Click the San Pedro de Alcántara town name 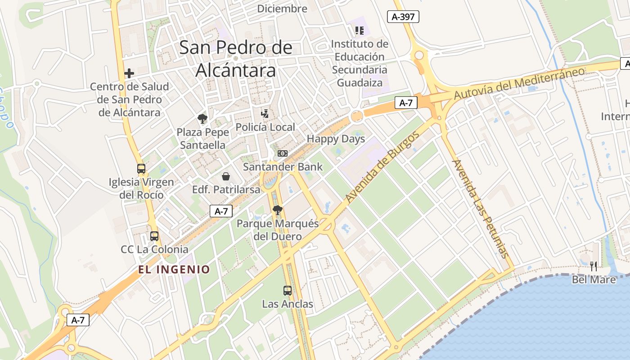coord(236,59)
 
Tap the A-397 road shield coord(403,17)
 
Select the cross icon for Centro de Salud coord(129,73)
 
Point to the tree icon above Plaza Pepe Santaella coord(202,119)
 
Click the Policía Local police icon coord(265,113)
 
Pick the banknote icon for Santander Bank coord(282,153)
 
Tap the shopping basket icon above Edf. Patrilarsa coord(226,176)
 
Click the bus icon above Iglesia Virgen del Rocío coord(141,169)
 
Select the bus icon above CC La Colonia coord(154,236)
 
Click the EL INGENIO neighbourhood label coord(174,270)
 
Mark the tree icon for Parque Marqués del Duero coord(278,210)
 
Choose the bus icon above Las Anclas coord(288,291)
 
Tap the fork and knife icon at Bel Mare coord(594,266)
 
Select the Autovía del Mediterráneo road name coord(519,84)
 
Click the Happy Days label coord(336,139)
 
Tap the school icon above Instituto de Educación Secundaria coord(359,31)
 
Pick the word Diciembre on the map coord(282,9)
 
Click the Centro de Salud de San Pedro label coord(129,99)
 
